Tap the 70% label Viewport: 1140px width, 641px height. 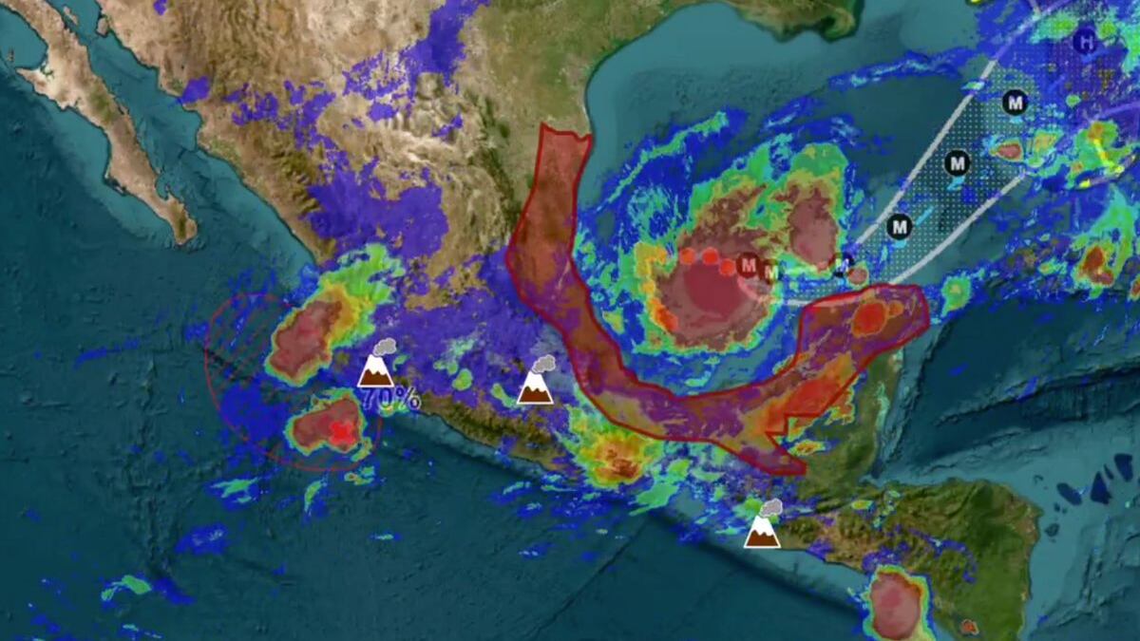click(x=390, y=397)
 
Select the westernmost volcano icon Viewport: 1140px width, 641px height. click(x=375, y=370)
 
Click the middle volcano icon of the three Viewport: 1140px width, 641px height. click(x=535, y=387)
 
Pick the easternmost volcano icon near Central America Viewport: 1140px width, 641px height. click(x=762, y=532)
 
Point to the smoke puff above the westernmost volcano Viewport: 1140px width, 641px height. click(x=386, y=348)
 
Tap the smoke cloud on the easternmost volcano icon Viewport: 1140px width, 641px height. click(x=770, y=509)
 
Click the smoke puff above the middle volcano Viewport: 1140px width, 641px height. click(x=544, y=364)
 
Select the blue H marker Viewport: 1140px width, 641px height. click(x=1085, y=41)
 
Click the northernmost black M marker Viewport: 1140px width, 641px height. click(x=1016, y=102)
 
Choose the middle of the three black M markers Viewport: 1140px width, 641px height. click(x=958, y=162)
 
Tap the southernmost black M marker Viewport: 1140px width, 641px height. click(x=899, y=226)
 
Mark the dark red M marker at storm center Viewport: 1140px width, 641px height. click(x=749, y=264)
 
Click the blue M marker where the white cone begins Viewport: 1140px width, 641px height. click(x=843, y=264)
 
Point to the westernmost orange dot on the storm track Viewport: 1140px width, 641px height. click(x=687, y=255)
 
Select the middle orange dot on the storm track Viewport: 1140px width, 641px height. click(x=709, y=255)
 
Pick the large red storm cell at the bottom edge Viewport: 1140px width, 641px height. click(x=895, y=604)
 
